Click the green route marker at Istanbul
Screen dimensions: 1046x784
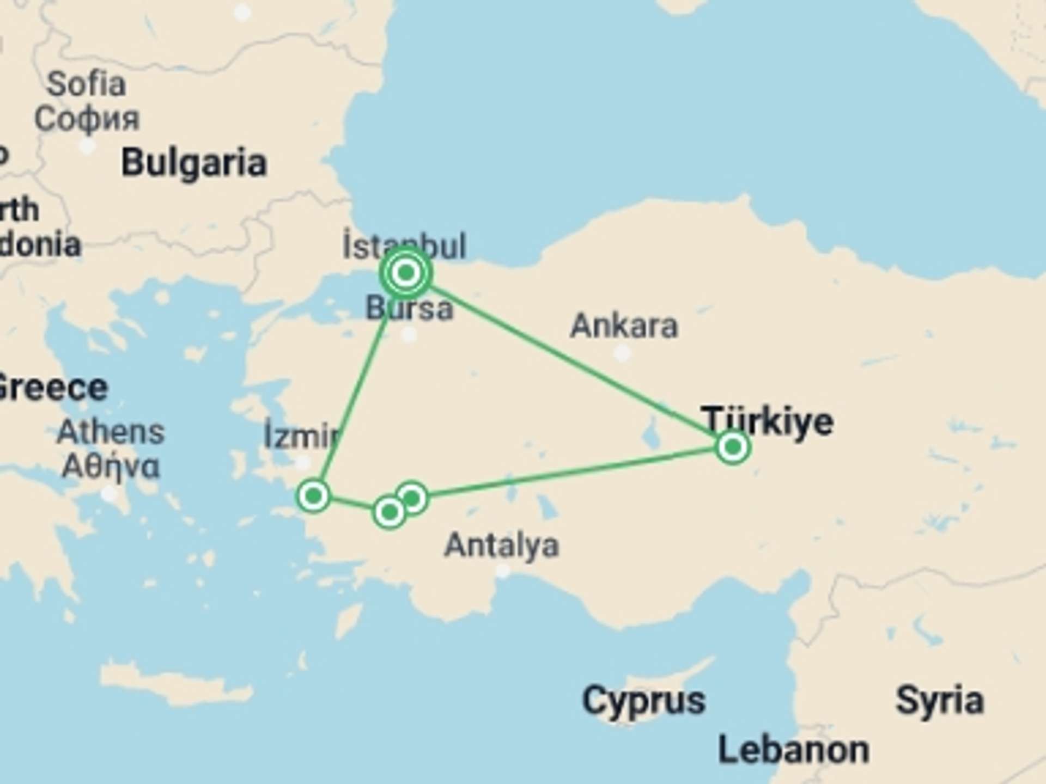406,272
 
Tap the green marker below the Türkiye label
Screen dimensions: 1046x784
733,447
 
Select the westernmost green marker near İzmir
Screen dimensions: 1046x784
314,495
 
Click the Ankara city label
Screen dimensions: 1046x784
624,326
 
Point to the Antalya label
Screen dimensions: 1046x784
501,546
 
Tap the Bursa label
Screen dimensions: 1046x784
409,308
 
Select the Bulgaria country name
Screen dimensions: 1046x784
194,163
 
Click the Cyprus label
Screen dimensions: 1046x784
643,701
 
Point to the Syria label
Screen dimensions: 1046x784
940,701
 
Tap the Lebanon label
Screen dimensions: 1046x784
793,750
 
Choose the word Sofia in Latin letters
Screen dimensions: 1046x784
86,84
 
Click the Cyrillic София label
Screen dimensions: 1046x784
87,119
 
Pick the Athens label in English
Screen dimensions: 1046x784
111,432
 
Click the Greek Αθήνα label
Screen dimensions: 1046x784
111,467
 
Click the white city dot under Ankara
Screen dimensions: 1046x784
622,353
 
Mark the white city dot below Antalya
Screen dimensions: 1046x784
503,571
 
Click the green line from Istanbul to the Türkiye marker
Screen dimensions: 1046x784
572,360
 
